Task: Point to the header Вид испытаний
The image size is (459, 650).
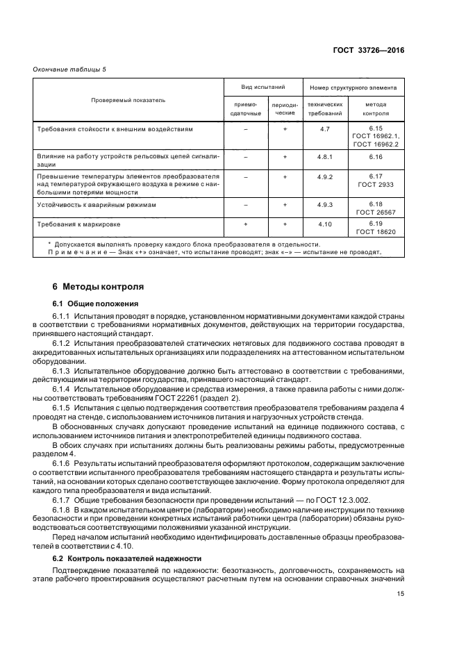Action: [263, 88]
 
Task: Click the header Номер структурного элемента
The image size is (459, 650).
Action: [353, 88]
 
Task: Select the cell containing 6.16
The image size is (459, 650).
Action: [376, 157]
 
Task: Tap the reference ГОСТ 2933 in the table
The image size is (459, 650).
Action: [376, 185]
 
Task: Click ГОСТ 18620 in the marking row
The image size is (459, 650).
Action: [376, 232]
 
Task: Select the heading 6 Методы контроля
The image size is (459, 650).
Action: [98, 286]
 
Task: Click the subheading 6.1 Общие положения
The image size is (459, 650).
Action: [95, 303]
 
